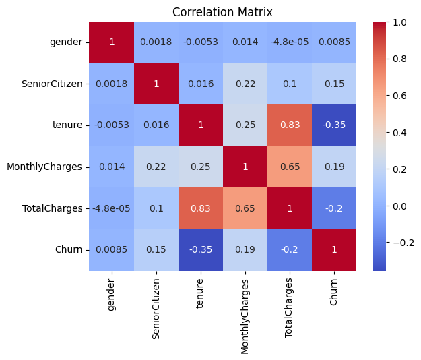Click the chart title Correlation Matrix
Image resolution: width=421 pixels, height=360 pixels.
coord(222,12)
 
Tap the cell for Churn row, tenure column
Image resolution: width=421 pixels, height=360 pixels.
coord(200,250)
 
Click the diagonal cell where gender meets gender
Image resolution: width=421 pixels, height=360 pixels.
coord(111,42)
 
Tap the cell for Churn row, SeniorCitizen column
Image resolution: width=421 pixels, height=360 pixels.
coord(156,250)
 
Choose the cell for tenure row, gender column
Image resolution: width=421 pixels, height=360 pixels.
coord(111,125)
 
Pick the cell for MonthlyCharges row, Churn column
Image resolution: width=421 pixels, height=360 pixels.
coord(334,167)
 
